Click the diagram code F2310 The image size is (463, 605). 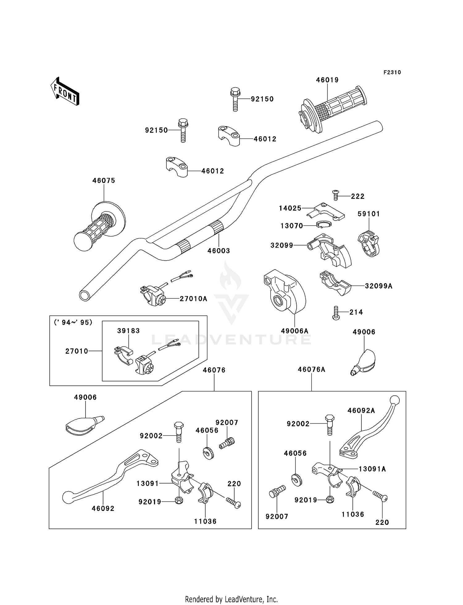(392, 72)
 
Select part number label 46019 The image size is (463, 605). (327, 80)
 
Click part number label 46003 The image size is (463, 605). (219, 251)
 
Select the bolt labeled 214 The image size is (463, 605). (336, 313)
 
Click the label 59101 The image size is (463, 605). (369, 214)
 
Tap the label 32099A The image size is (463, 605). (378, 286)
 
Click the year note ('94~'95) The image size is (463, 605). (73, 323)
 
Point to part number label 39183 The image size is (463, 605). (128, 331)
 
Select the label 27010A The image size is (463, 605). (193, 298)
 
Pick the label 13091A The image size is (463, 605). (372, 469)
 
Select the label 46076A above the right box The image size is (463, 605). (311, 369)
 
